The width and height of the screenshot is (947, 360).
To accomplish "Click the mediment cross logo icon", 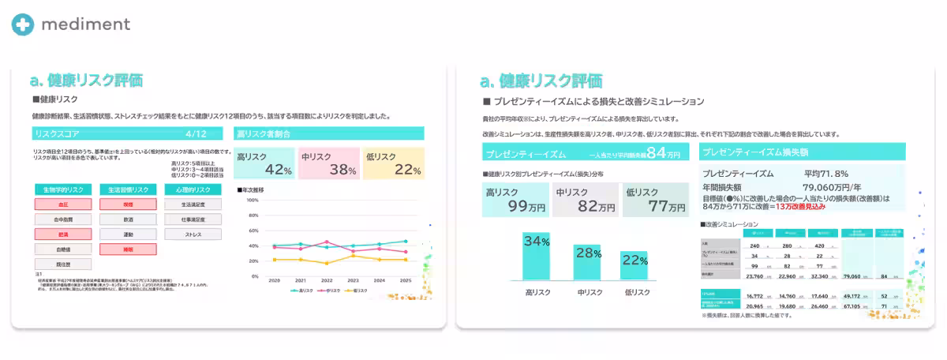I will (x=23, y=24).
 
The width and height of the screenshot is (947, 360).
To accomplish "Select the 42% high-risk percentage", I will (x=278, y=169).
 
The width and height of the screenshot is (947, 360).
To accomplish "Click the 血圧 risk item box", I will (x=63, y=204).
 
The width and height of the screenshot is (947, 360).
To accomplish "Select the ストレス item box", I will (x=193, y=234).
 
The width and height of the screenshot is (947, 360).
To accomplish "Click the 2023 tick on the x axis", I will (x=352, y=281).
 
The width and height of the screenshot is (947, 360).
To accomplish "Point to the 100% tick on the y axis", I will (x=252, y=200).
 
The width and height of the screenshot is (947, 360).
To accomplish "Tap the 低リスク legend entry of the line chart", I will (x=357, y=291).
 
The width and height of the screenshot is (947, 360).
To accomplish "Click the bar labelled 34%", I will (x=537, y=256).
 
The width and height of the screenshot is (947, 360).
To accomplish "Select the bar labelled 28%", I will (x=586, y=262).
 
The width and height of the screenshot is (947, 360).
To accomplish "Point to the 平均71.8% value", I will (x=825, y=173).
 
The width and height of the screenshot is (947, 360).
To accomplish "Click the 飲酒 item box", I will (x=128, y=219).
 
